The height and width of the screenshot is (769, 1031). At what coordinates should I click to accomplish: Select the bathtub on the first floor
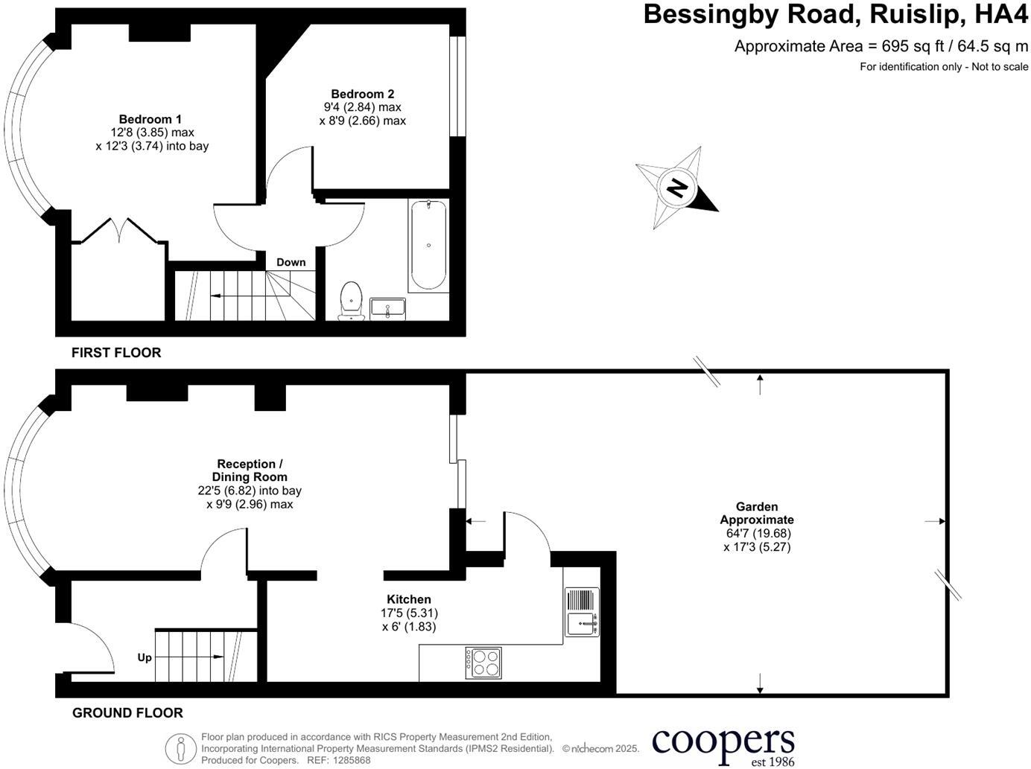[x=428, y=245]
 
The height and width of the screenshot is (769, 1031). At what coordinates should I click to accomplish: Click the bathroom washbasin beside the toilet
[x=387, y=307]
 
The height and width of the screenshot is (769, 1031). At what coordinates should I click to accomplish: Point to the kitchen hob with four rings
[x=483, y=663]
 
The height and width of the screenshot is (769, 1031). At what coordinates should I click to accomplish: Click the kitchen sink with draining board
[x=582, y=612]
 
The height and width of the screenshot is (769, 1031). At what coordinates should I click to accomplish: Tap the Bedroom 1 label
[x=150, y=119]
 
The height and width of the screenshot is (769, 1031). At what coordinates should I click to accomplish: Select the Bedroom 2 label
[x=363, y=94]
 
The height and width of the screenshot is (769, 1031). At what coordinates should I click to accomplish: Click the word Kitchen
[x=408, y=599]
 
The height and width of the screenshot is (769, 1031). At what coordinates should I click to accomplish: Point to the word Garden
[x=757, y=507]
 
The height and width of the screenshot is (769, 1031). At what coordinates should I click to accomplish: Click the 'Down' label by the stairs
[x=291, y=262]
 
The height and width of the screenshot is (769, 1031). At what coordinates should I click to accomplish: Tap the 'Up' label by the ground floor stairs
[x=145, y=657]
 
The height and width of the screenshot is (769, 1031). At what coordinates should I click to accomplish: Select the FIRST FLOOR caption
[x=116, y=353]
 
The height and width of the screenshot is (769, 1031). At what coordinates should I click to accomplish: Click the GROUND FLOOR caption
[x=127, y=713]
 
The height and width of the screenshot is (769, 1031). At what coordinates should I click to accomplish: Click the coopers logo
[x=723, y=745]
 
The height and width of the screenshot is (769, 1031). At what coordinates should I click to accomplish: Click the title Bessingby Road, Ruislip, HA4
[x=835, y=15]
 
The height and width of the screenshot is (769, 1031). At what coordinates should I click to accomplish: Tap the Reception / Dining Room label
[x=250, y=470]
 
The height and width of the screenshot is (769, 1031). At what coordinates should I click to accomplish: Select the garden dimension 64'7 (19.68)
[x=758, y=534]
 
